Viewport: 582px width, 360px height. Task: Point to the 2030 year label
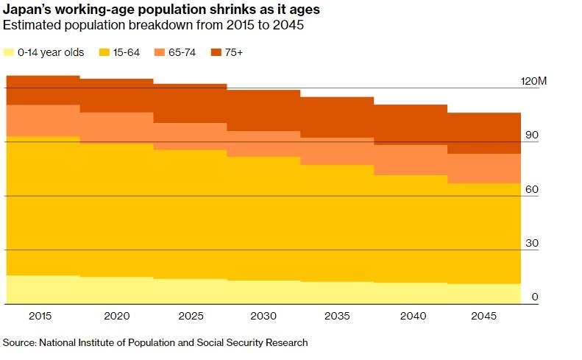point(263,316)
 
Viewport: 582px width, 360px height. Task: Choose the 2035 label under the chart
point(337,316)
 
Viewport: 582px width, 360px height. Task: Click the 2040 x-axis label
point(411,316)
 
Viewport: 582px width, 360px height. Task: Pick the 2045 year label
point(484,316)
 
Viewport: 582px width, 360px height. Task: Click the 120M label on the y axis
point(534,81)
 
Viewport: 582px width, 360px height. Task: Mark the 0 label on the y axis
point(536,297)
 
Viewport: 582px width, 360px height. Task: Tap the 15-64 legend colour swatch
point(104,52)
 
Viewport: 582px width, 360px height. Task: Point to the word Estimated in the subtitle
point(30,26)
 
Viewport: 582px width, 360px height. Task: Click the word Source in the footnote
point(19,342)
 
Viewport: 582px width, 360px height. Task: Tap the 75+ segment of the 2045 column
point(484,133)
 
